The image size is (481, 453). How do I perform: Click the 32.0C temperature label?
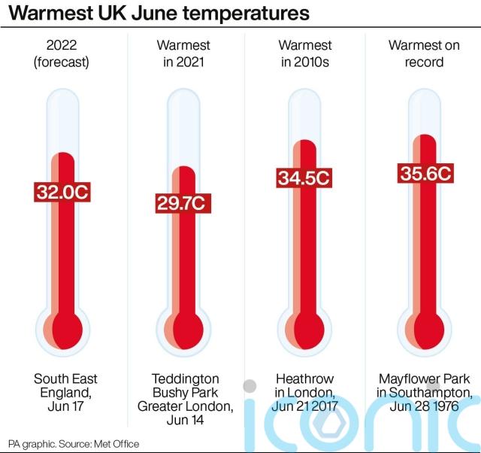62,191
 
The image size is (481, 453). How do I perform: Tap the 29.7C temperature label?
181,203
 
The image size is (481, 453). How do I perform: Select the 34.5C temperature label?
304,178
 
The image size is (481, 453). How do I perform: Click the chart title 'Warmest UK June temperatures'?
159,14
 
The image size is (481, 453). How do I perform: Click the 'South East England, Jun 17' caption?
65,392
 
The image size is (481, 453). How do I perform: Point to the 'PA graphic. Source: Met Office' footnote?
74,444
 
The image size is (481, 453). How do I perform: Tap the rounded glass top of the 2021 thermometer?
183,98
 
